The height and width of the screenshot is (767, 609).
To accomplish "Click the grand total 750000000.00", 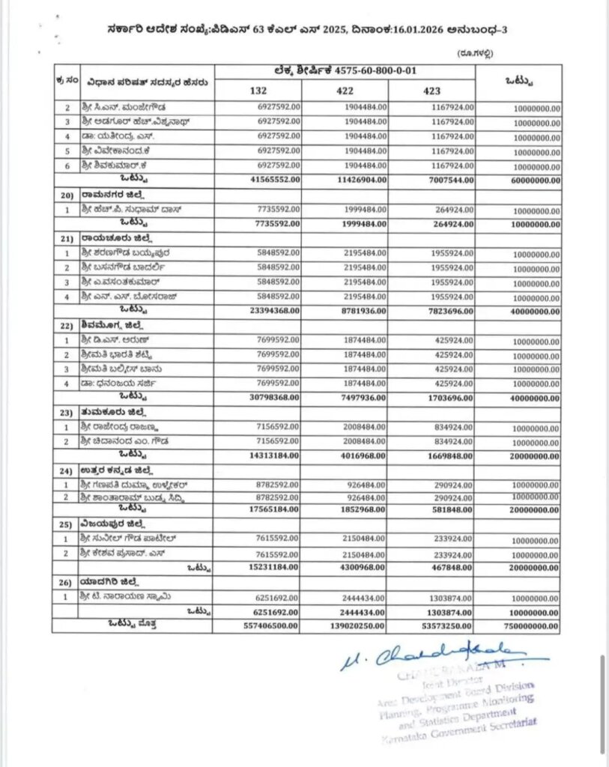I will coord(533,624).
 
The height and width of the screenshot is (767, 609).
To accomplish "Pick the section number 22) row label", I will coord(65,326).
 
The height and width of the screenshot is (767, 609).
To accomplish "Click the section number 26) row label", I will coord(65,581).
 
